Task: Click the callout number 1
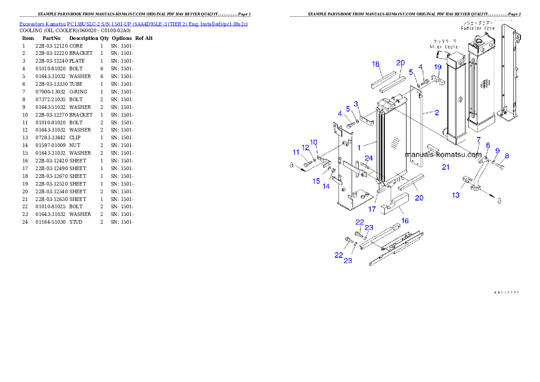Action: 359,147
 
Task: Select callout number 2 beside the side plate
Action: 437,113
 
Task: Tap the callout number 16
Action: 356,104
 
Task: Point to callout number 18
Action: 376,64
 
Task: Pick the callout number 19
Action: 438,67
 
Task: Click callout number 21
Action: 446,167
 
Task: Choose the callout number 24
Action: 369,158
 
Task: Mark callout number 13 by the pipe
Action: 456,195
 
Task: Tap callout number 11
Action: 296,152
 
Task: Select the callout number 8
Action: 506,156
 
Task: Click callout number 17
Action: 372,209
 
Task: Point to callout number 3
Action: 356,104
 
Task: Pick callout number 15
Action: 316,181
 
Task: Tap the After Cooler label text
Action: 445,47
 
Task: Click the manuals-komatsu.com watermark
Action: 443,155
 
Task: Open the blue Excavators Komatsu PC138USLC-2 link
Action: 133,24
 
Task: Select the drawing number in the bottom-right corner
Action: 506,292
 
